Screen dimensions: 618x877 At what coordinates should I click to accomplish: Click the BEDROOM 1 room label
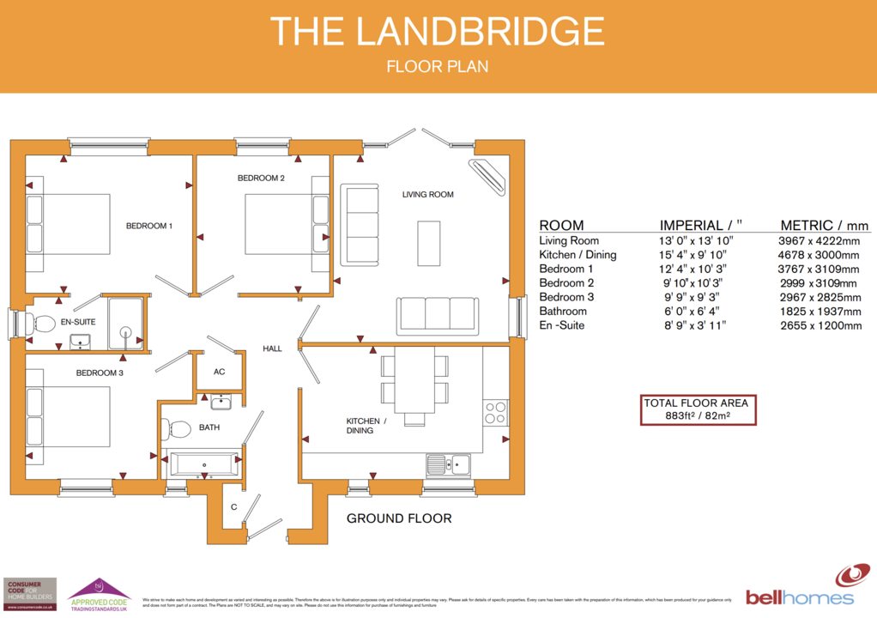[x=149, y=226]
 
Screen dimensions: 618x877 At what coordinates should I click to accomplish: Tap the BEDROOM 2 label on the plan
[x=261, y=179]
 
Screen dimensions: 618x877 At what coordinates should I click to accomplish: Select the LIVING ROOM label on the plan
[x=427, y=195]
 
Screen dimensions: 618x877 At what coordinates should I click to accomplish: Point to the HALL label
[x=272, y=348]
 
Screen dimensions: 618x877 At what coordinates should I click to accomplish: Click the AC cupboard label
[x=219, y=372]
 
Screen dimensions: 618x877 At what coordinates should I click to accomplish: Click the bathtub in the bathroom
[x=204, y=464]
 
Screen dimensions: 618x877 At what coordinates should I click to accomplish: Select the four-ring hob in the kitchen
[x=495, y=413]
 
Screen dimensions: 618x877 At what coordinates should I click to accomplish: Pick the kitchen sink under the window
[x=448, y=464]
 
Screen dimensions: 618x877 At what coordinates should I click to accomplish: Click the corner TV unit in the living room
[x=490, y=176]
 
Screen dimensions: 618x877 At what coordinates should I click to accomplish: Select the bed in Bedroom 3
[x=69, y=415]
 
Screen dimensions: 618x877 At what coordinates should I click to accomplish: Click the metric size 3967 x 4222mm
[x=818, y=241]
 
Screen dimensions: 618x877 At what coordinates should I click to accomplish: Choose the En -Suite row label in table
[x=563, y=325]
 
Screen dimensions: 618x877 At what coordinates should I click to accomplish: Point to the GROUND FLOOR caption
[x=398, y=518]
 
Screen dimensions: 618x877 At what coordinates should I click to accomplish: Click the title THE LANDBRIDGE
[x=438, y=32]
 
